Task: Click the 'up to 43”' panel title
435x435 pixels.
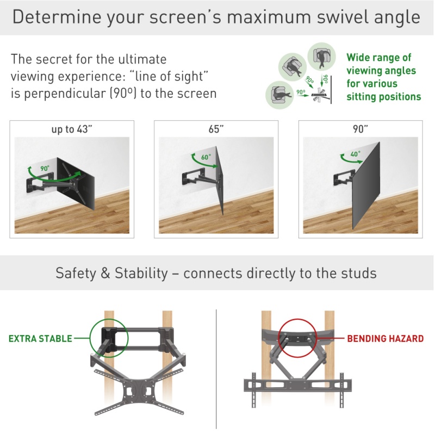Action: pyautogui.click(x=72, y=129)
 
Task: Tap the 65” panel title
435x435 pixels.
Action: pyautogui.click(x=216, y=129)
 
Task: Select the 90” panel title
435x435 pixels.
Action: pyautogui.click(x=361, y=129)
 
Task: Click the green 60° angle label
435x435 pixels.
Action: pyautogui.click(x=206, y=157)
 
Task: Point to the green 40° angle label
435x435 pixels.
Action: pyautogui.click(x=356, y=154)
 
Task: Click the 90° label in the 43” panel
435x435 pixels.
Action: pyautogui.click(x=45, y=169)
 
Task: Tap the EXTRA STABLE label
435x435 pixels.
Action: pyautogui.click(x=40, y=339)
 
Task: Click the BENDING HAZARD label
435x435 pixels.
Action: pyautogui.click(x=386, y=338)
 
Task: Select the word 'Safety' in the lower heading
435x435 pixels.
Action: pyautogui.click(x=76, y=274)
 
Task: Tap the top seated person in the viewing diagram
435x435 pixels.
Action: pyautogui.click(x=321, y=57)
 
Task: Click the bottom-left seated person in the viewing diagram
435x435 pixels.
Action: pyautogui.click(x=279, y=95)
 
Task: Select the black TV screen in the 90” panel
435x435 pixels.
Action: pyautogui.click(x=366, y=186)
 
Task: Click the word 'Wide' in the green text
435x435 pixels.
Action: pyautogui.click(x=358, y=58)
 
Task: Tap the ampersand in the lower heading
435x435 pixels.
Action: pyautogui.click(x=105, y=274)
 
